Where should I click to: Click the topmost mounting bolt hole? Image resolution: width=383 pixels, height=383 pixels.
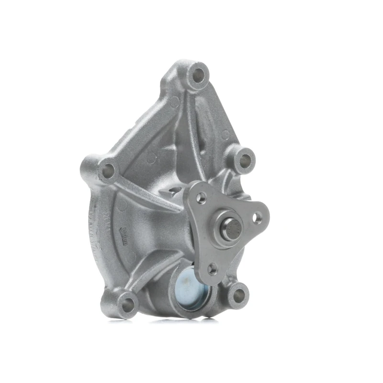197,74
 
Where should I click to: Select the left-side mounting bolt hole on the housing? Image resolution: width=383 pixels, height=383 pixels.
108,169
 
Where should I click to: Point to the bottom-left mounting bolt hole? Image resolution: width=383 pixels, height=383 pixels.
127,303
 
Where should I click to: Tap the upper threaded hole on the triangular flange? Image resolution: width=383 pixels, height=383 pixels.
201,196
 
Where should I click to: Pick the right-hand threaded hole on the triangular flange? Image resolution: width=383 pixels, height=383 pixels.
257,219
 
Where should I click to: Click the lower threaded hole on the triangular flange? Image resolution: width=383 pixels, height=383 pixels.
212,268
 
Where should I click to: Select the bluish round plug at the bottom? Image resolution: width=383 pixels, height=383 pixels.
190,286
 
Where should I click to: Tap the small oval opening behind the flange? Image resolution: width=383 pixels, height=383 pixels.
173,191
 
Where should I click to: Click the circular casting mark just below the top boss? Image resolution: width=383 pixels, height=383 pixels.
175,102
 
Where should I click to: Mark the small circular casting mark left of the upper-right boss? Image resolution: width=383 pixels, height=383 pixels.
225,135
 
